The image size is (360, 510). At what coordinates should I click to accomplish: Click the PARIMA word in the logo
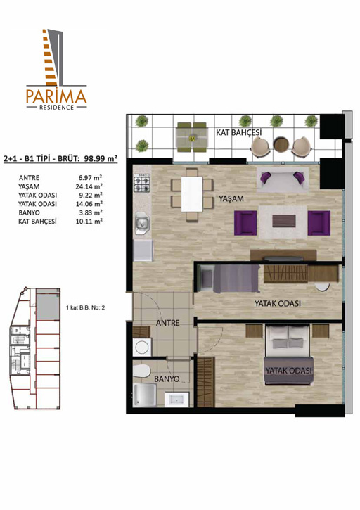coord(56,96)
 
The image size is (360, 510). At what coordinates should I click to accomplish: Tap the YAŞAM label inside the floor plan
coord(231,199)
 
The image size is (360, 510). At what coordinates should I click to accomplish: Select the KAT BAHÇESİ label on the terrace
coord(238,132)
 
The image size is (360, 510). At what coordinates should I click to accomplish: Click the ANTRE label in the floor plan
coord(167,323)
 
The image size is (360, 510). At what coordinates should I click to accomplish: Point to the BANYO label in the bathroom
coord(167,379)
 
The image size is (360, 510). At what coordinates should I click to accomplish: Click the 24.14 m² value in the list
coord(89,186)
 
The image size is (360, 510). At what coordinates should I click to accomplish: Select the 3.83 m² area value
coord(91,212)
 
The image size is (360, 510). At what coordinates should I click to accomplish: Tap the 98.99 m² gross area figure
coord(101,159)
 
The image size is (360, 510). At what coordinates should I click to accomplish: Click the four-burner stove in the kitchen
coord(142,184)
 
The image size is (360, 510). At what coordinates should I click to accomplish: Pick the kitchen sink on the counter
coord(142,223)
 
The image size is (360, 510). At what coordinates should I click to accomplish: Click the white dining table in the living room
coord(192,194)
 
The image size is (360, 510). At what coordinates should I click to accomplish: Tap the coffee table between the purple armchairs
coord(284,220)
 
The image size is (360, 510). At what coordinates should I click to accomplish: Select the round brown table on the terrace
coord(281,144)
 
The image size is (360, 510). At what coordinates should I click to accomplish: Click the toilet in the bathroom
coord(141,371)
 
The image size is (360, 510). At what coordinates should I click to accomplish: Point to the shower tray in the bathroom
coord(145,395)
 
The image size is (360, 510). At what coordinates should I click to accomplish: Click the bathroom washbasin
coord(176,399)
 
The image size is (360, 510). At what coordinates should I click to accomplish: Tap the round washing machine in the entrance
coord(142,348)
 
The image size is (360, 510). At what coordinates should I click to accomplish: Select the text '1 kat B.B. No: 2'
coord(85,307)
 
